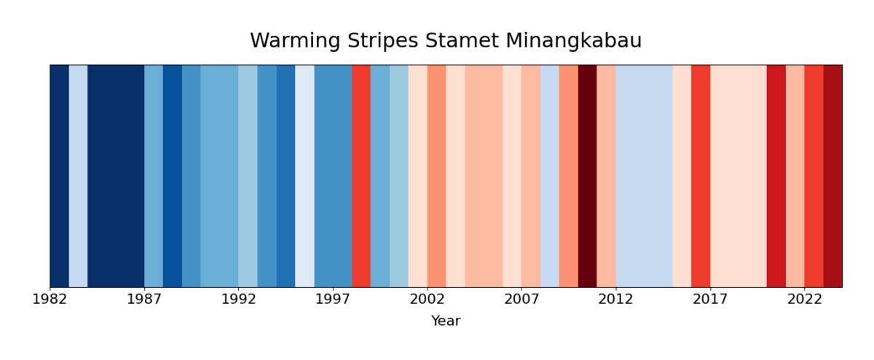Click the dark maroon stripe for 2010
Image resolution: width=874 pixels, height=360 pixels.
point(587,176)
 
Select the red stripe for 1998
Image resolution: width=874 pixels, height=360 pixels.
point(361,176)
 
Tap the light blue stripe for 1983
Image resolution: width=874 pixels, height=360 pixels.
point(78,176)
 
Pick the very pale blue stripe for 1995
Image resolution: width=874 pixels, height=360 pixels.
point(304,176)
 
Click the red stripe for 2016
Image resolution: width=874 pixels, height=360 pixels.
point(701,176)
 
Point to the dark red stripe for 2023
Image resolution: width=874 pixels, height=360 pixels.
point(832,176)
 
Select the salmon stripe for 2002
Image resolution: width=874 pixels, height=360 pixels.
point(436,176)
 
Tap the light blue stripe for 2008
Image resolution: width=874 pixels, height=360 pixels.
point(550,176)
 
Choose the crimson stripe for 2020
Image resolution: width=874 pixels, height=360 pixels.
point(776,176)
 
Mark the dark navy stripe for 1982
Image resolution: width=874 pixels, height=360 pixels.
point(59,176)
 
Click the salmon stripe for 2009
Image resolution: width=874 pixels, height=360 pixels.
point(569,176)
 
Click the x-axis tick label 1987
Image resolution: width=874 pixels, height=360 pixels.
point(144,299)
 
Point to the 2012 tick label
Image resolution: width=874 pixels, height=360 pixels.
point(616,299)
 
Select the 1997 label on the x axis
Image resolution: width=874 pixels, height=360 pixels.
point(333,299)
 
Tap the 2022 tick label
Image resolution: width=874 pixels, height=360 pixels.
point(805,299)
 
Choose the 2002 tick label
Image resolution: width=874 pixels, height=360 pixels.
point(428,299)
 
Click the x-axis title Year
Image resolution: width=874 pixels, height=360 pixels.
point(446,321)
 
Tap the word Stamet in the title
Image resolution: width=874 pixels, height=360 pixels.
point(449,42)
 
